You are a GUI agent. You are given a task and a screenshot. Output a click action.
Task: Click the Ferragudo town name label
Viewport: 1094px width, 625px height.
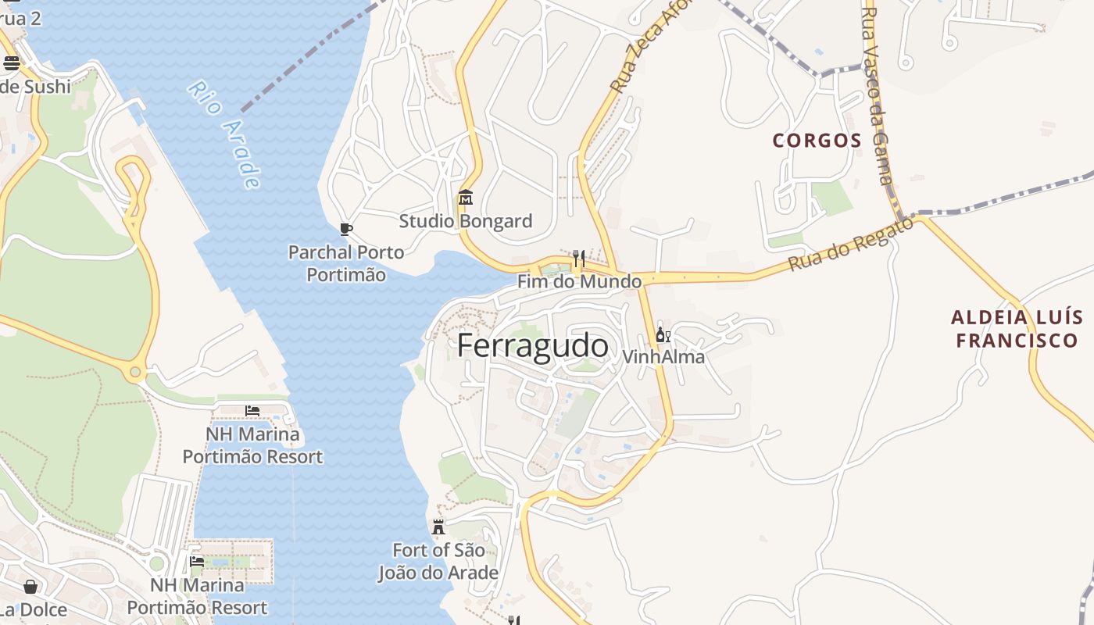pyautogui.click(x=532, y=345)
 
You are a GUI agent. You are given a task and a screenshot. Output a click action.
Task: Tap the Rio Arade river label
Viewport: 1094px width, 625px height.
pyautogui.click(x=224, y=134)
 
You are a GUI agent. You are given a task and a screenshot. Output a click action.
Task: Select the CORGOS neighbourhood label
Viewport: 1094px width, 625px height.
pyautogui.click(x=817, y=141)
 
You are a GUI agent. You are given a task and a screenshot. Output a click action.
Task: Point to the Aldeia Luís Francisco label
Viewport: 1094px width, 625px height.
pyautogui.click(x=1017, y=329)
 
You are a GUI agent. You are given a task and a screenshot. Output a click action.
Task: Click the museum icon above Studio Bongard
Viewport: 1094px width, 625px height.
pyautogui.click(x=466, y=197)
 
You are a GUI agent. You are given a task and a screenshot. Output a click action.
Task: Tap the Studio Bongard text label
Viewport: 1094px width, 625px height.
pyautogui.click(x=466, y=221)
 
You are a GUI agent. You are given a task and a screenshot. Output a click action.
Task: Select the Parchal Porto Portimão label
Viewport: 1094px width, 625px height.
pyautogui.click(x=346, y=263)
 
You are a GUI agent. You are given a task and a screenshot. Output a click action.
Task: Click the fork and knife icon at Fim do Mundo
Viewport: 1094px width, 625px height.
pyautogui.click(x=578, y=258)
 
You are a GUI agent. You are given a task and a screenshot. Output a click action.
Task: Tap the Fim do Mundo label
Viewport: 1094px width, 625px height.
pyautogui.click(x=579, y=281)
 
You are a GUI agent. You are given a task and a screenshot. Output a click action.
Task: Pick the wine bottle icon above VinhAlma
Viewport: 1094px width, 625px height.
pyautogui.click(x=663, y=335)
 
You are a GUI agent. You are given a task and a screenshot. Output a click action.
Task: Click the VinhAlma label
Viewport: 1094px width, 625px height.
pyautogui.click(x=663, y=357)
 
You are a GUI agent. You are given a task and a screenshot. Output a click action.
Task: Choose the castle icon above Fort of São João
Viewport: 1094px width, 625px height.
pyautogui.click(x=438, y=527)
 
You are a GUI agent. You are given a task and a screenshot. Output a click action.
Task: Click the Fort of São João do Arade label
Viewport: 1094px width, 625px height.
pyautogui.click(x=438, y=561)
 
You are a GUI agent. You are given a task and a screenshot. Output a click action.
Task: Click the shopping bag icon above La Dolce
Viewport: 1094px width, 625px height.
pyautogui.click(x=30, y=586)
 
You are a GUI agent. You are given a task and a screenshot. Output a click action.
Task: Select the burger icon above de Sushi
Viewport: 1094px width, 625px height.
pyautogui.click(x=11, y=63)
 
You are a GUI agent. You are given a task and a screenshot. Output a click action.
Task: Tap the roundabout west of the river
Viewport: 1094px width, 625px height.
pyautogui.click(x=135, y=373)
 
